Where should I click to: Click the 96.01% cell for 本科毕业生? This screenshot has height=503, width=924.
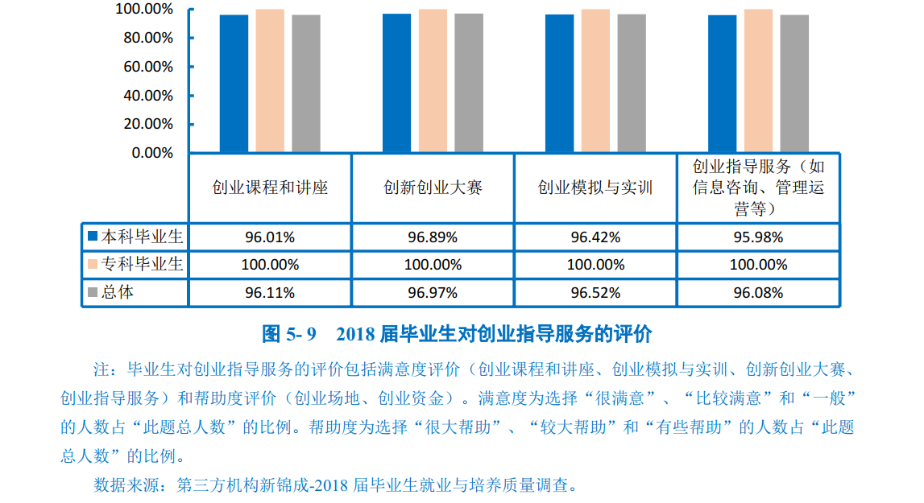point(270,237)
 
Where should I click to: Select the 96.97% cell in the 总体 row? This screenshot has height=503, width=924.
point(433,293)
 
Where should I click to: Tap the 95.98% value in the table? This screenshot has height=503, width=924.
point(758,237)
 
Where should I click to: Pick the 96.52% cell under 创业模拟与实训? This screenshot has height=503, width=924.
point(595,293)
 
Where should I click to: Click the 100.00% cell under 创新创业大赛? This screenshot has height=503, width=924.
point(433,265)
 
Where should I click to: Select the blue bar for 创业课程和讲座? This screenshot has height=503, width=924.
point(234,84)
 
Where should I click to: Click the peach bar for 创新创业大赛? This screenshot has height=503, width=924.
point(433,80)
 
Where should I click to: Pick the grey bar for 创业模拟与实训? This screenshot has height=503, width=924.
point(632,84)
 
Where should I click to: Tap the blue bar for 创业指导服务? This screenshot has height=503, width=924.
point(722,84)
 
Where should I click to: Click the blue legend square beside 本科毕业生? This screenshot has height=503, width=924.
point(93,237)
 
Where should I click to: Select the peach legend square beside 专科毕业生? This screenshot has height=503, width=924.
point(93,264)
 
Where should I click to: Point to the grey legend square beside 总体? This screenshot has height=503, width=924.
point(93,292)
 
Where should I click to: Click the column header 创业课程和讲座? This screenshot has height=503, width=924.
point(270,188)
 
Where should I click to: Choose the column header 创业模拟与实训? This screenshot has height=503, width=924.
point(595,188)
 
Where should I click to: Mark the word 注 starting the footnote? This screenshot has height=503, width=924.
point(100,371)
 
